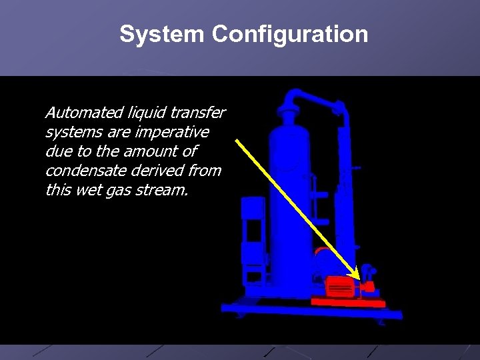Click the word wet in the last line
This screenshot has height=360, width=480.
(x=99, y=191)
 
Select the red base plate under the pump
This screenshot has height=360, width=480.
(x=348, y=303)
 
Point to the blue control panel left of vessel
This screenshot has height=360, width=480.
(x=253, y=233)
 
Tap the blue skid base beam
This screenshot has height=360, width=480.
(x=312, y=310)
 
